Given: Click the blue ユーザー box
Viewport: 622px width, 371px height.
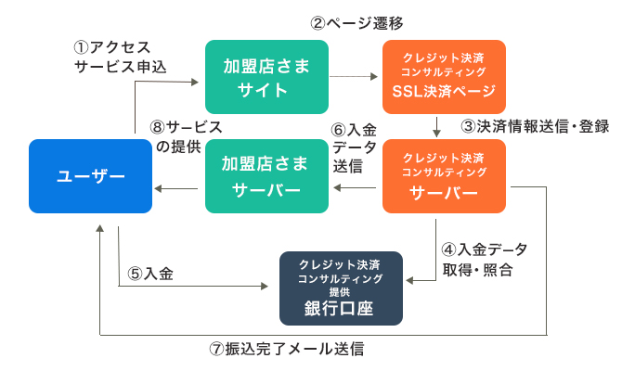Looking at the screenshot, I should (90, 175).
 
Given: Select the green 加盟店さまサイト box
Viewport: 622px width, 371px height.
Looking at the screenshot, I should (266, 77).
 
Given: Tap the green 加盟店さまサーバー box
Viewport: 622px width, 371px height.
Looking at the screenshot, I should (266, 175).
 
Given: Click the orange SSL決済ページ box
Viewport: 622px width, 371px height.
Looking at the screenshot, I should (444, 77).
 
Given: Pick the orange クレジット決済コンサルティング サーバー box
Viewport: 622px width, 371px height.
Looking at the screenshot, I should (444, 175).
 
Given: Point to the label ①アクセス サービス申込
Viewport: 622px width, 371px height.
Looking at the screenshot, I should (111, 55).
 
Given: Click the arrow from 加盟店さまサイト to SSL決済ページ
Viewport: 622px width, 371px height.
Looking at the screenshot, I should (354, 77).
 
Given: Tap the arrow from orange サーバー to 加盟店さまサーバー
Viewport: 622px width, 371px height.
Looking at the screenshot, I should (354, 188).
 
